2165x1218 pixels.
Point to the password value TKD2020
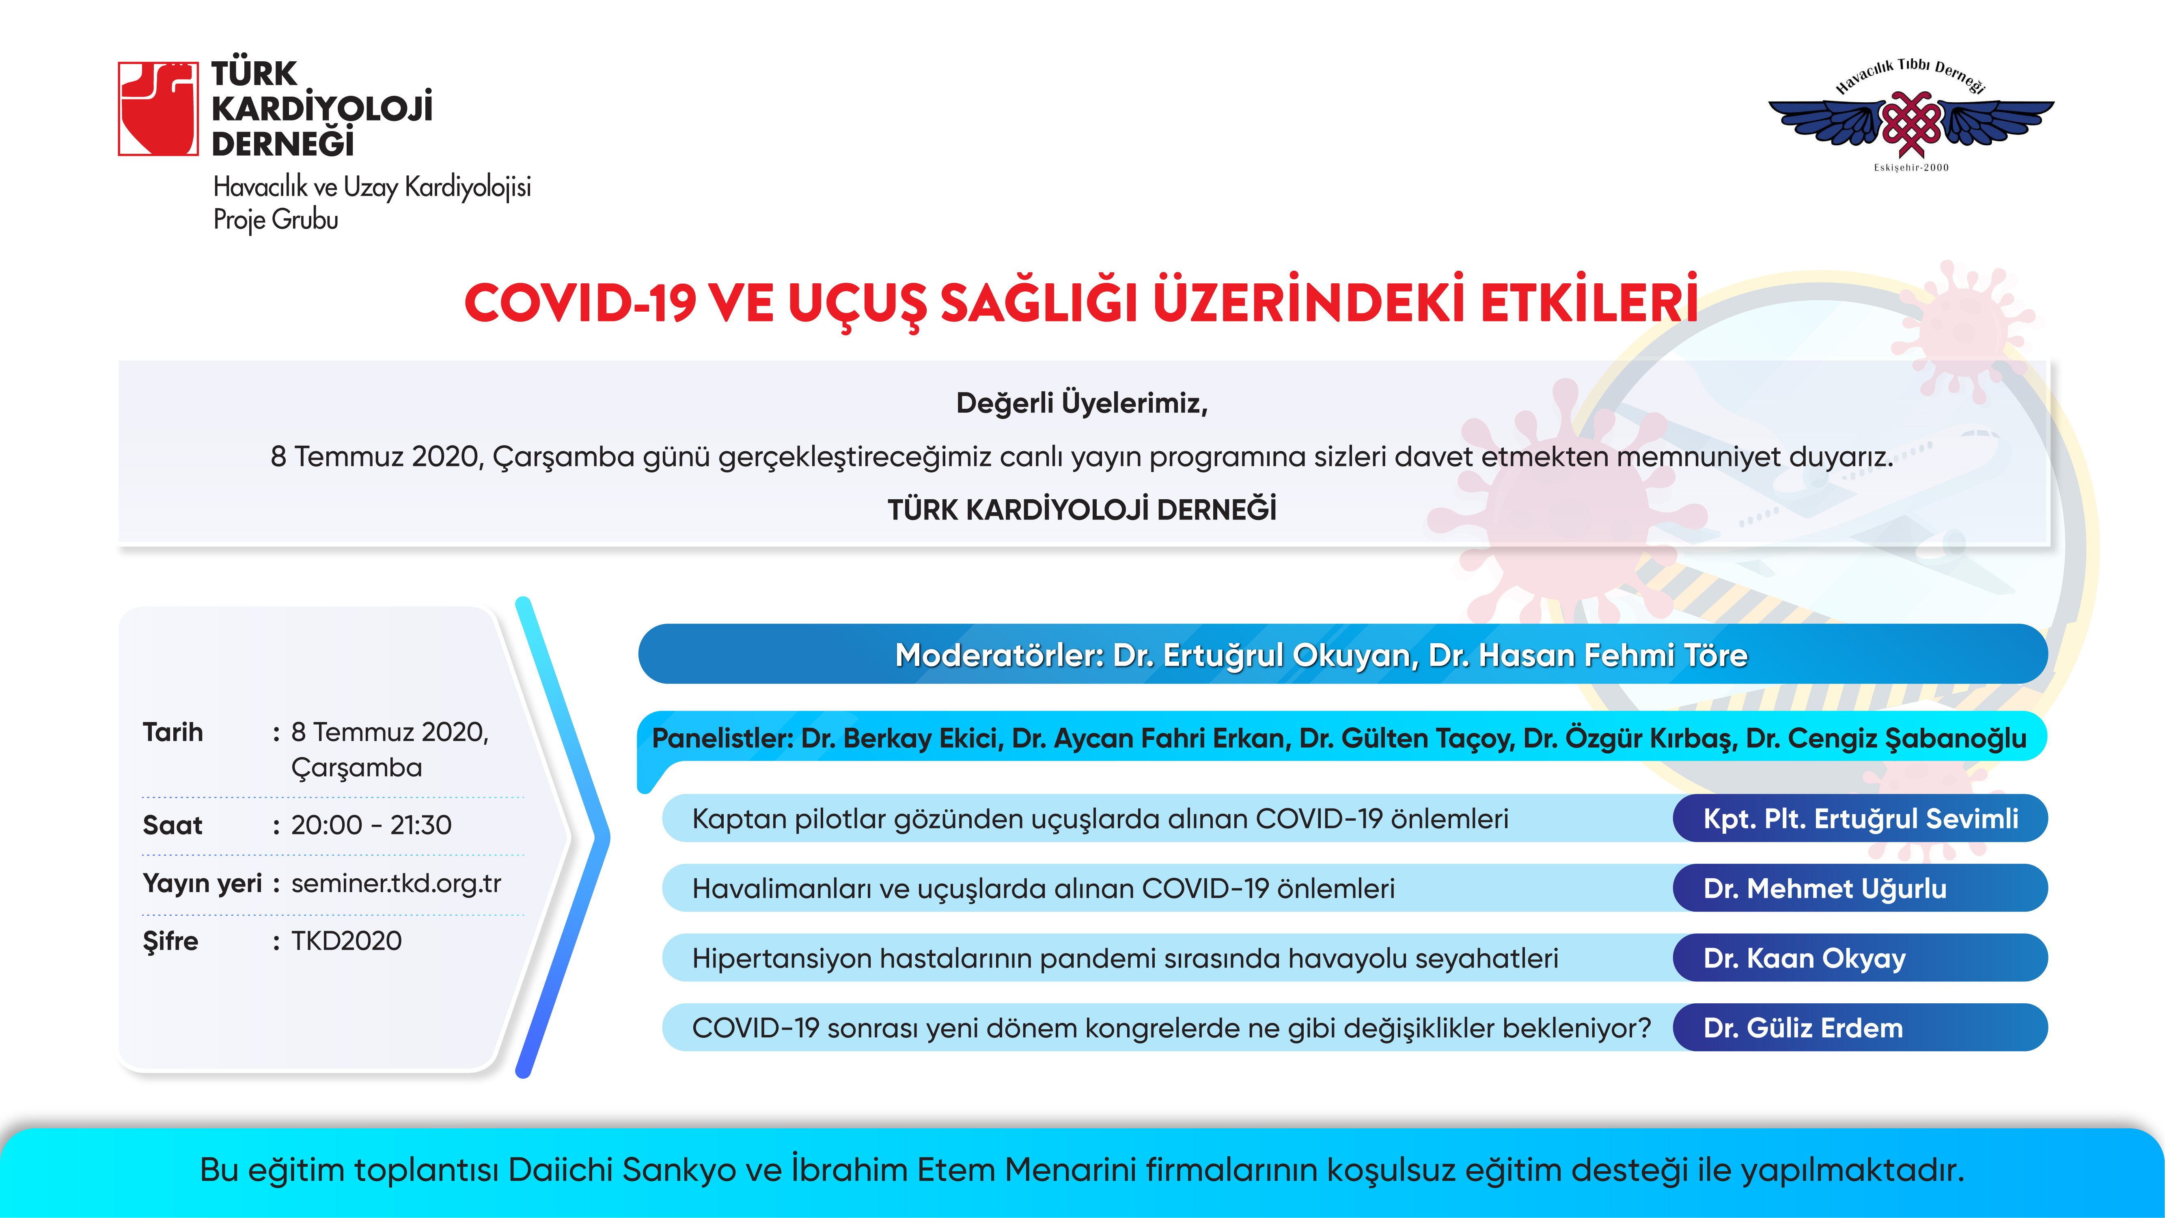click(346, 941)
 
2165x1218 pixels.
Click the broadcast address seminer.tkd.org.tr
click(396, 884)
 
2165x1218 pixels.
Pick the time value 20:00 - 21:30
click(371, 825)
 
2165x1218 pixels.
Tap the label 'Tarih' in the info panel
click(173, 732)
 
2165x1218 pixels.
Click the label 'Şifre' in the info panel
click(170, 941)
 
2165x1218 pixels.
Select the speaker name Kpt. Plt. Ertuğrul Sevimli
click(1861, 819)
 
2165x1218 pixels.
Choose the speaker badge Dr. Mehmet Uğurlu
click(1860, 888)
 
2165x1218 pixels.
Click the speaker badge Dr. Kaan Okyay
click(1860, 957)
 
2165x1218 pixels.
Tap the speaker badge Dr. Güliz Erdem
click(1860, 1027)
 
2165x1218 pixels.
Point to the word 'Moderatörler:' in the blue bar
click(999, 655)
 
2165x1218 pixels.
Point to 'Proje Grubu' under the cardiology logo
click(276, 220)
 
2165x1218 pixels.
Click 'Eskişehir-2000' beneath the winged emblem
click(1911, 167)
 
